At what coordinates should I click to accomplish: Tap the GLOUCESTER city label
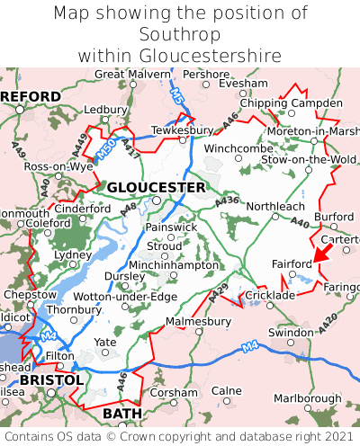156,187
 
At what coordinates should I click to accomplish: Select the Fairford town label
292,263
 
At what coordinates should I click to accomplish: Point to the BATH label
122,413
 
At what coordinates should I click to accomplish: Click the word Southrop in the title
180,34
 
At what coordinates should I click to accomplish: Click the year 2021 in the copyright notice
334,435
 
